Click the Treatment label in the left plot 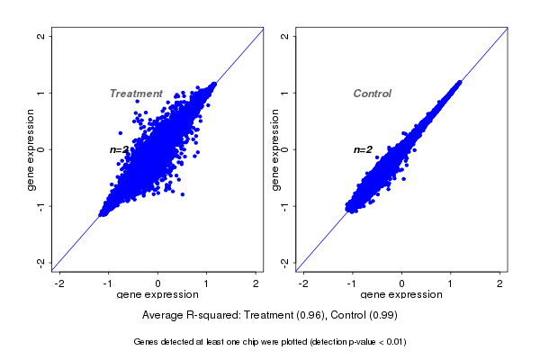coord(136,94)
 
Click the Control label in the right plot coord(372,94)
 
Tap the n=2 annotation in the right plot coord(363,149)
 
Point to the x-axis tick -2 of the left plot coord(60,284)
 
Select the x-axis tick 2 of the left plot coord(256,284)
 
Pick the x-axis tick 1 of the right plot coord(451,284)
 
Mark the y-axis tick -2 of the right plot coord(284,262)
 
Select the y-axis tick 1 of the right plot coord(284,93)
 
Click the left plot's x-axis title coord(158,295)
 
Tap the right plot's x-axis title coord(401,295)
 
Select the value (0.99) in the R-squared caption coord(382,316)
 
